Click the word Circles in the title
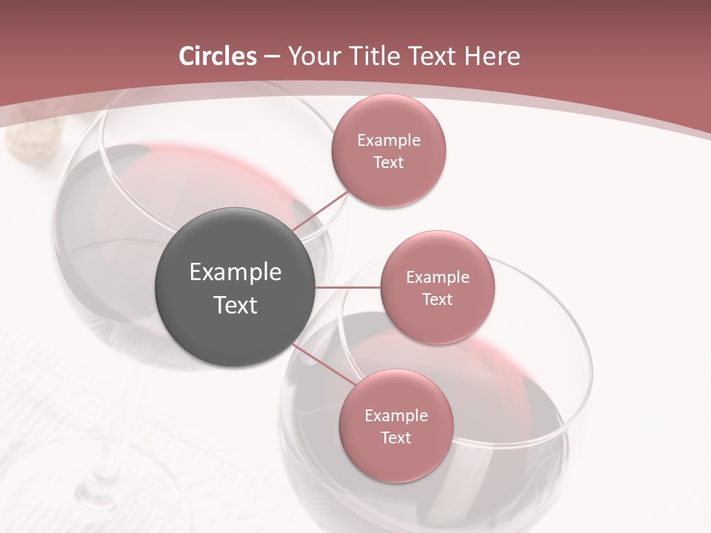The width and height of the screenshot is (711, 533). [x=217, y=56]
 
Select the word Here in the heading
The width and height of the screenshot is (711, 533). [x=493, y=56]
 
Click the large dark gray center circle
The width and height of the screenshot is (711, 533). [x=235, y=287]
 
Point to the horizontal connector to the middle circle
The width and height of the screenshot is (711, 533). [x=347, y=286]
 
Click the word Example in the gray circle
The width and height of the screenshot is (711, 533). [x=235, y=272]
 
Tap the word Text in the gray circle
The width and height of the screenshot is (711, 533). [x=235, y=305]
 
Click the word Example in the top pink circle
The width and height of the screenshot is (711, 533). [x=389, y=140]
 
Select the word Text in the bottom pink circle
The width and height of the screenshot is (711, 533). [x=395, y=438]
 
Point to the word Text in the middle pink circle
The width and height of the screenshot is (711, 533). [x=438, y=299]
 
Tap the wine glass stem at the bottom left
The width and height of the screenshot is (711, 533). [x=104, y=474]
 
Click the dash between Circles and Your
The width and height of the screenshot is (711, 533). [x=272, y=56]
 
